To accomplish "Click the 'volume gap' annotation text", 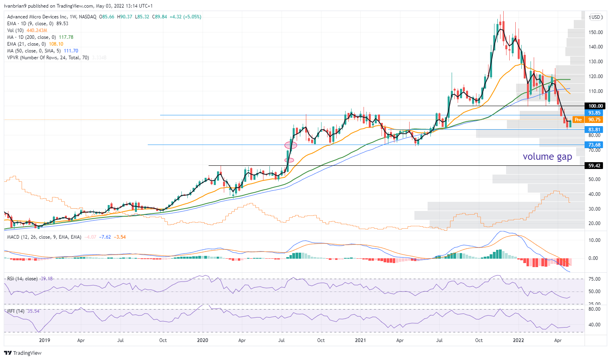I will [547, 157].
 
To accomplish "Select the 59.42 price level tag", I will [594, 166].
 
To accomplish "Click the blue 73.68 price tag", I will [594, 145].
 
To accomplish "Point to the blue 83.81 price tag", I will [594, 130].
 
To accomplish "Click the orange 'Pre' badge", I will [578, 120].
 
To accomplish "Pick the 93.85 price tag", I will [594, 113].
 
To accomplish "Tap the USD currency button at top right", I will [596, 17].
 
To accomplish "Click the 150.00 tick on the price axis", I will [596, 32].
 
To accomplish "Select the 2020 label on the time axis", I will [203, 340].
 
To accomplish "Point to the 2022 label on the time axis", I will [519, 340].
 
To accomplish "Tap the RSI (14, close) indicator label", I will [22, 279].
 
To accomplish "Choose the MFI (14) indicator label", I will [16, 311].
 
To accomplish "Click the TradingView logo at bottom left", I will [23, 353].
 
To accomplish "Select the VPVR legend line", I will [48, 58].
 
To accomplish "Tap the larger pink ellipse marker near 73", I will [291, 145].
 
